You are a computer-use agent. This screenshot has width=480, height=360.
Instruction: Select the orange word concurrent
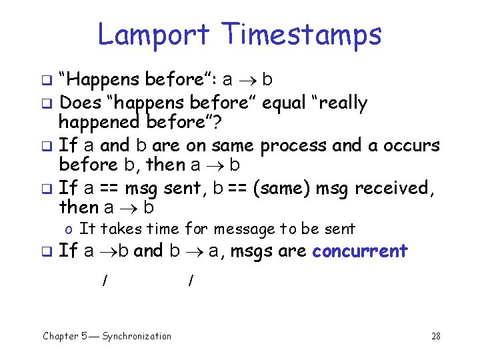(359, 251)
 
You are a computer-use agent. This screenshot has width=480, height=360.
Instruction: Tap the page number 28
(435, 336)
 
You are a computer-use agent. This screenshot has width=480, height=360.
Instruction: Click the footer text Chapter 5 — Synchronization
(107, 336)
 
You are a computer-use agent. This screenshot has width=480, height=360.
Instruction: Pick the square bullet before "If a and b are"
(48, 146)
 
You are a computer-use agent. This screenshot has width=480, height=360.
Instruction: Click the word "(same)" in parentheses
(282, 189)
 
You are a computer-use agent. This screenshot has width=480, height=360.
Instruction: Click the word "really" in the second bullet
(341, 103)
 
